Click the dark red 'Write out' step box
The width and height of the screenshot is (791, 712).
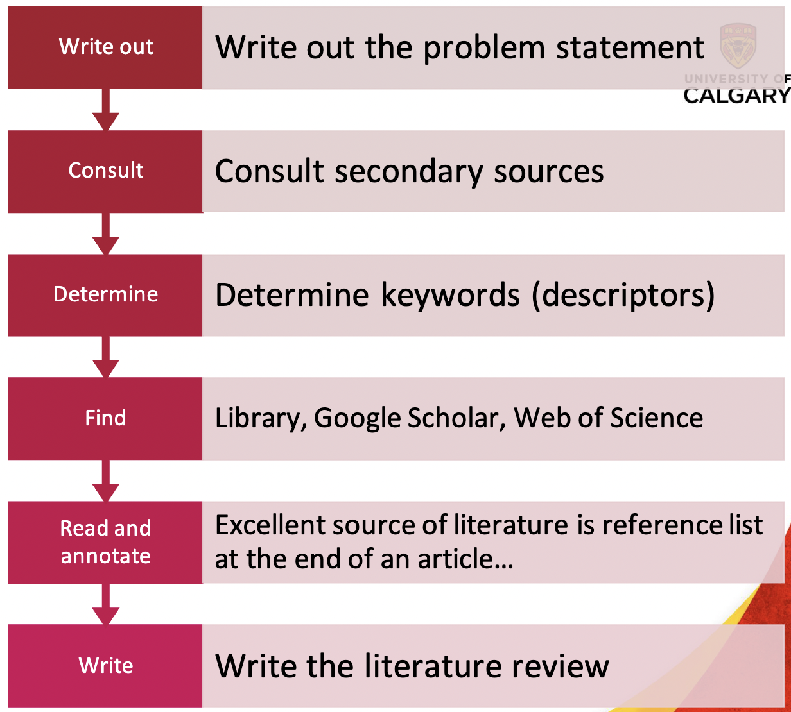(105, 47)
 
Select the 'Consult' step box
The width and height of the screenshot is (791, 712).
(105, 171)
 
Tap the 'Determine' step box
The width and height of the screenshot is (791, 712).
(105, 294)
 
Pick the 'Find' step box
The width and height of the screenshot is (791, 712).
(105, 418)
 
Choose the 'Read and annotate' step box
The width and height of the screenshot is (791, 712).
(105, 542)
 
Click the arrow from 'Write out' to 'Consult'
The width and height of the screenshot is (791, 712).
(106, 110)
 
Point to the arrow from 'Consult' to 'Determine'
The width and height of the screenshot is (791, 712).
(106, 234)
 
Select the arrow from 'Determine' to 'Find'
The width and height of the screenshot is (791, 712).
(106, 357)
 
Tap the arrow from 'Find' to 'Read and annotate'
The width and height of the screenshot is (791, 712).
(106, 481)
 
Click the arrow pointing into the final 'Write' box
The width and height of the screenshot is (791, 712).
(106, 604)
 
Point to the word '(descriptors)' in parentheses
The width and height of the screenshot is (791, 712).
(623, 296)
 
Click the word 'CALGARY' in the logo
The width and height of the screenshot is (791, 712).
(736, 96)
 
